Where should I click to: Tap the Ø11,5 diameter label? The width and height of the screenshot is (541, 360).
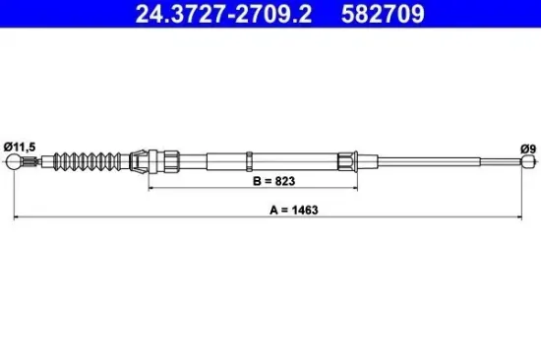click(21, 147)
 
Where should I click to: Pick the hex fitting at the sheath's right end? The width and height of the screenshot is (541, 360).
click(348, 160)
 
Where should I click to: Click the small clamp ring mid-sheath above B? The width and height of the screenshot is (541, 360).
click(250, 160)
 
